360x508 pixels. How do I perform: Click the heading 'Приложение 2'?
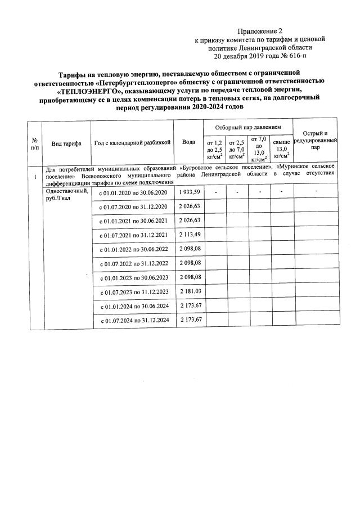[x=259, y=30]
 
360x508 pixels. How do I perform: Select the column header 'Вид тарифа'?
[x=66, y=143]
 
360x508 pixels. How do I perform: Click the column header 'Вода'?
[x=189, y=142]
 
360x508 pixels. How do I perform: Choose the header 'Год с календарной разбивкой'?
[x=132, y=143]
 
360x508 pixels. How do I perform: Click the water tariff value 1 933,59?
[x=190, y=192]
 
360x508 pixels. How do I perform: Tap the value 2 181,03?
[x=190, y=291]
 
